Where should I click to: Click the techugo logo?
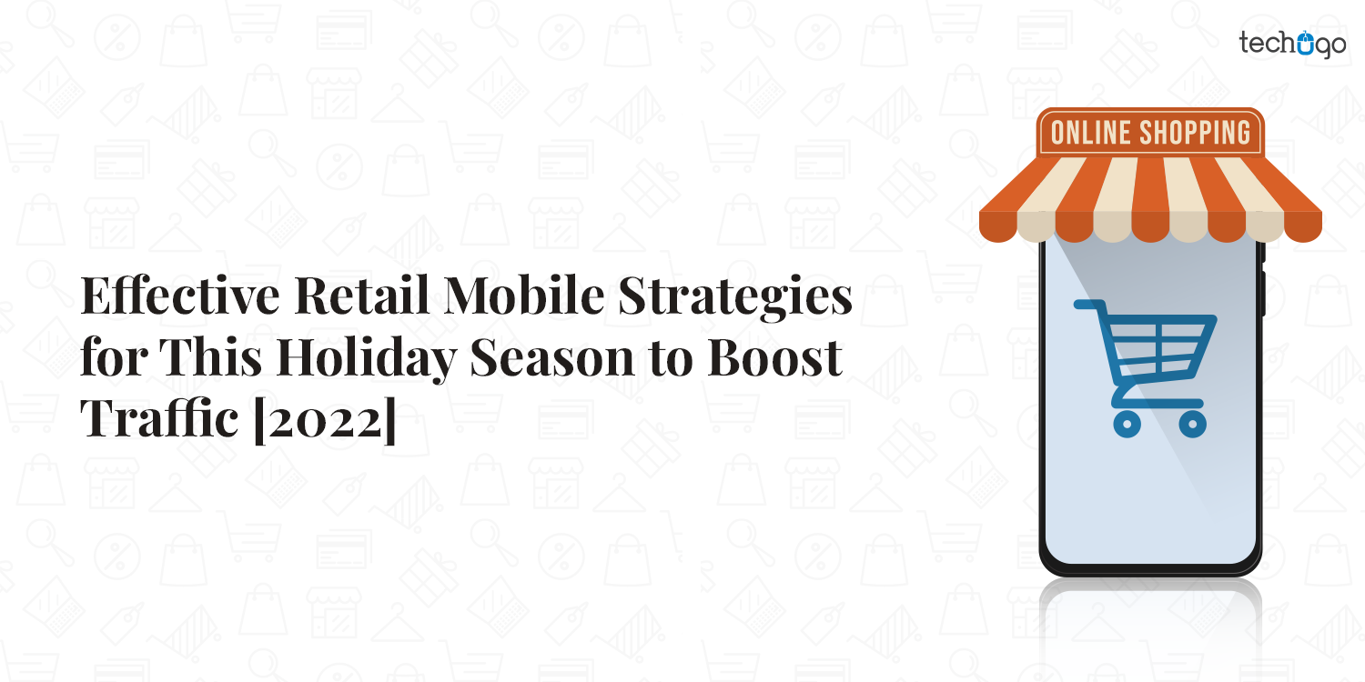[x=1291, y=43]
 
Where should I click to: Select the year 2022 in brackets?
[x=323, y=421]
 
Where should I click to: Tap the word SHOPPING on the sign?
[x=1198, y=133]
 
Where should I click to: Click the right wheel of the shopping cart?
[x=1192, y=422]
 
